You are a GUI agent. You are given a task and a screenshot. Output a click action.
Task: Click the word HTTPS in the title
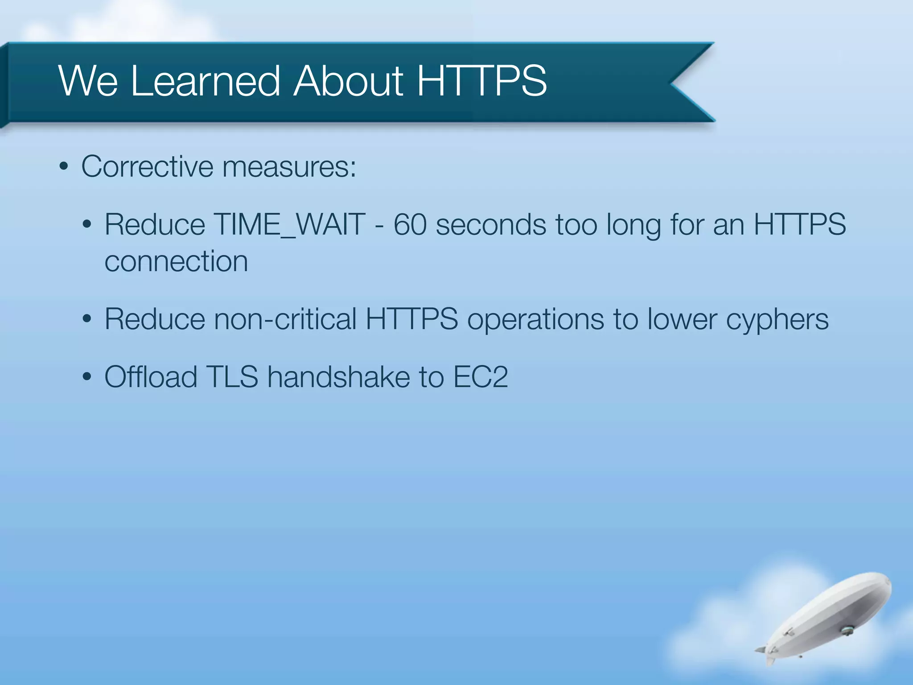[x=481, y=81]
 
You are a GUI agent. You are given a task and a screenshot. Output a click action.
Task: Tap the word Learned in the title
[x=206, y=81]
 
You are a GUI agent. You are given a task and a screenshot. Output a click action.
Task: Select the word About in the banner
[x=348, y=81]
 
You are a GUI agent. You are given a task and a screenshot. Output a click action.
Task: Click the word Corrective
[x=147, y=166]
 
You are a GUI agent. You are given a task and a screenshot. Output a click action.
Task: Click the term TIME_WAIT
[x=289, y=224]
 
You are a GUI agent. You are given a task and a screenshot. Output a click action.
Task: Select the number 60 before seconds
[x=410, y=224]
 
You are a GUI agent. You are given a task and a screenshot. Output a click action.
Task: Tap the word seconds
[x=490, y=224]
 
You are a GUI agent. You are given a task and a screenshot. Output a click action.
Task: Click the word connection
[x=176, y=261]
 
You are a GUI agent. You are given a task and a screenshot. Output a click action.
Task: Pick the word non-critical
[x=285, y=319]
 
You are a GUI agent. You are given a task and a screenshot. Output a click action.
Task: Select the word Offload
[x=151, y=377]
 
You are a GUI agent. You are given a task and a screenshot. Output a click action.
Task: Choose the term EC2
[x=480, y=377]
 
